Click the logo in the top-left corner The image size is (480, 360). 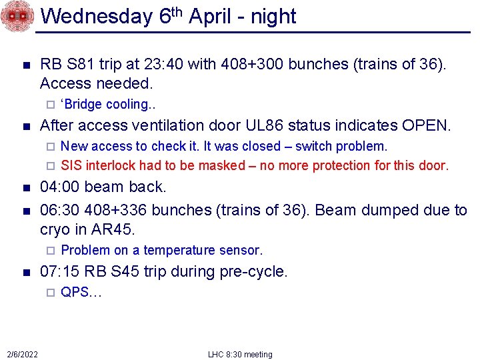(17, 16)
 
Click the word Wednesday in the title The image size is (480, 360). (100, 16)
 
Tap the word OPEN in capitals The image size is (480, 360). (427, 125)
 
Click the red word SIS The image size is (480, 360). (71, 165)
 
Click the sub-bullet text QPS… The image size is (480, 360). (80, 292)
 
